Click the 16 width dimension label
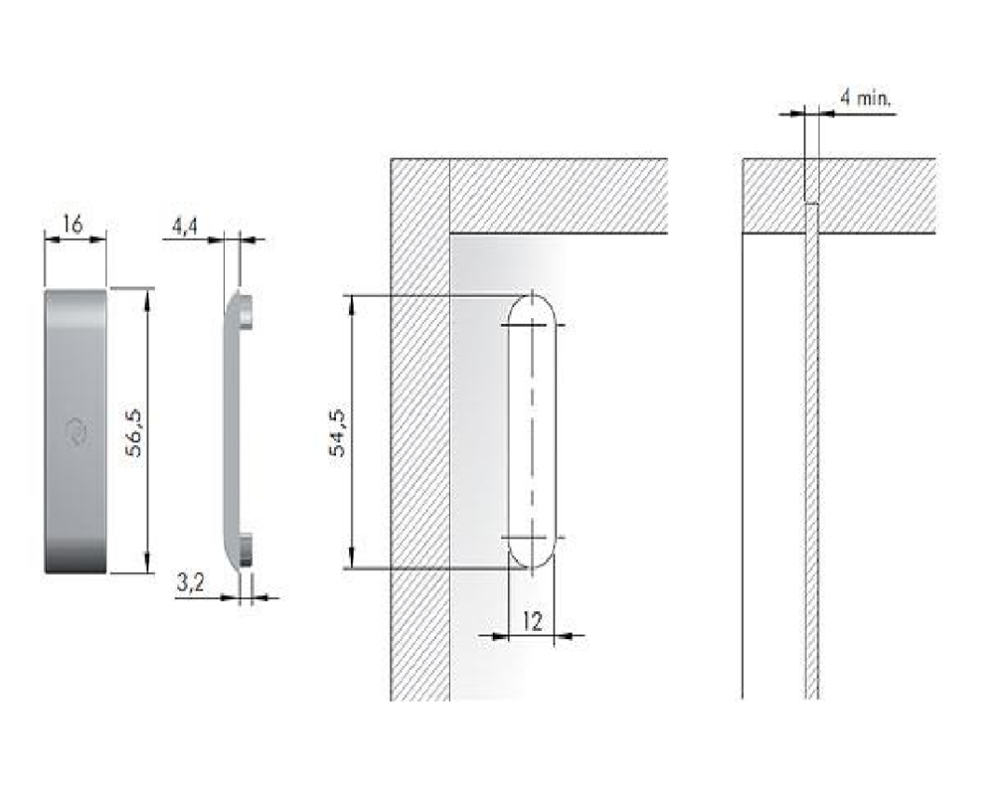pyautogui.click(x=74, y=224)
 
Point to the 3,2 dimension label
pyautogui.click(x=191, y=583)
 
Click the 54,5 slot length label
pyautogui.click(x=337, y=432)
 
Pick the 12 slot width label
pyautogui.click(x=533, y=621)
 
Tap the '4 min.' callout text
pyautogui.click(x=865, y=98)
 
